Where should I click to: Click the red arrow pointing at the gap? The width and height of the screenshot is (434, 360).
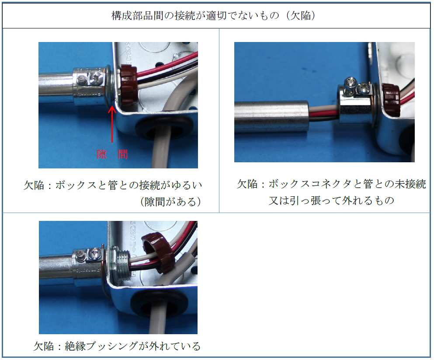click(112, 124)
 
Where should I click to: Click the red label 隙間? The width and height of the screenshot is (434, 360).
click(112, 154)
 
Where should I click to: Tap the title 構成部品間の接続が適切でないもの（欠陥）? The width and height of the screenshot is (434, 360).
click(213, 15)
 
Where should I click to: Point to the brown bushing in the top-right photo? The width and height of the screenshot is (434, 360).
click(391, 100)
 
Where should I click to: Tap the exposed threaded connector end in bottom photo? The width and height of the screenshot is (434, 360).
click(122, 267)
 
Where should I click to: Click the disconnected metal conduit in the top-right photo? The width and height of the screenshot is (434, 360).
click(271, 116)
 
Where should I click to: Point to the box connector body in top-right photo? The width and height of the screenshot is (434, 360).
click(357, 105)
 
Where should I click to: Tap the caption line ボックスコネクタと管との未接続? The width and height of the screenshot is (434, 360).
click(347, 184)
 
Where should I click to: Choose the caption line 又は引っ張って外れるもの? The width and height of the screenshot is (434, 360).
click(331, 200)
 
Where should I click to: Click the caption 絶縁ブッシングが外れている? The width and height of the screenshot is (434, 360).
click(132, 346)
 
